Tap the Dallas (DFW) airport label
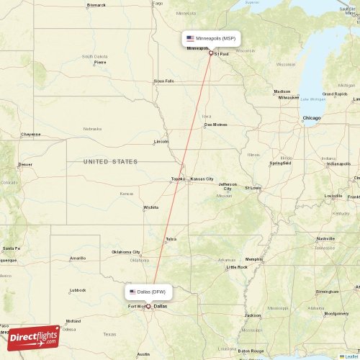click(x=149, y=292)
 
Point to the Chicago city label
click(x=312, y=117)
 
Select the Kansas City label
click(x=201, y=179)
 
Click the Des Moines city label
click(x=215, y=124)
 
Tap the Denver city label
click(x=25, y=164)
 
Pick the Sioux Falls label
click(x=164, y=81)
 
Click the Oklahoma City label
click(x=125, y=252)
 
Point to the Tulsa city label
click(x=171, y=239)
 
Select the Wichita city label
click(x=150, y=207)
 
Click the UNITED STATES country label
click(x=110, y=161)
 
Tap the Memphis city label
click(x=253, y=259)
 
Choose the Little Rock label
click(x=237, y=267)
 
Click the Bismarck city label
click(x=96, y=5)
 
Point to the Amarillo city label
click(x=77, y=258)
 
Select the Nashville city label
click(x=325, y=238)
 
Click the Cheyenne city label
click(x=30, y=134)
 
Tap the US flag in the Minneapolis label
click(x=190, y=38)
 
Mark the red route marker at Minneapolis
click(x=210, y=53)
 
